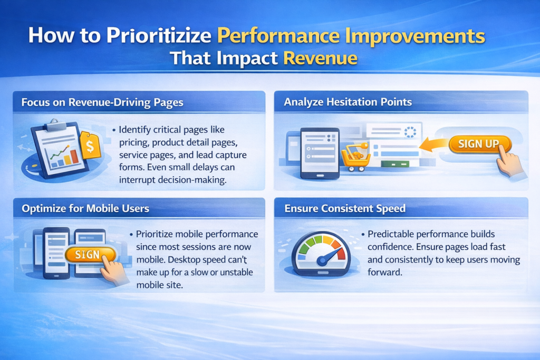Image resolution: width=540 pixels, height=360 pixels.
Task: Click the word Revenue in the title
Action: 320,58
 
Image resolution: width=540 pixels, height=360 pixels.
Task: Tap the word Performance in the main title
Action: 278,35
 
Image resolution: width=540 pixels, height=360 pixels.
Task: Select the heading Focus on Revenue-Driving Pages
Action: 102,102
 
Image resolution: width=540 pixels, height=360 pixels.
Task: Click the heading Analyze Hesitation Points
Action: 348,102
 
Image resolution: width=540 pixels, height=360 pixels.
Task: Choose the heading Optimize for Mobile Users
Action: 85,209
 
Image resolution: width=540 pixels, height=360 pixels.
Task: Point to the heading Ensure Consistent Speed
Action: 345,208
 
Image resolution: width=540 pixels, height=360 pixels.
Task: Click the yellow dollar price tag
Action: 90,145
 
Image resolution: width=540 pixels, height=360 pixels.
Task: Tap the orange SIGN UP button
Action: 479,144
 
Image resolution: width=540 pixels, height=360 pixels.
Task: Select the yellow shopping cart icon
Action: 355,157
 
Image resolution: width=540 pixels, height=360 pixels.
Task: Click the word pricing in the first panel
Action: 134,142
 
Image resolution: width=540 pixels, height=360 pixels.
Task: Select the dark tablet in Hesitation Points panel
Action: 320,153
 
